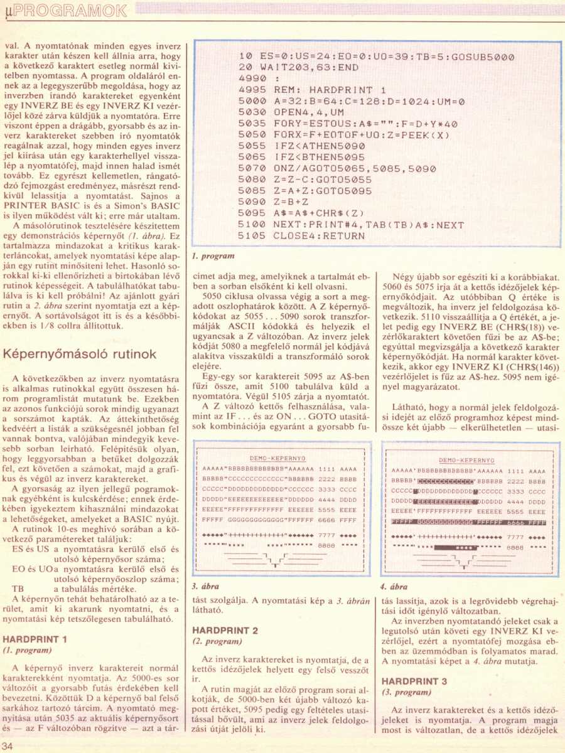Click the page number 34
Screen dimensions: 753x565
8,745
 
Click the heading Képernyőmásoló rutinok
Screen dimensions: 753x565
80,355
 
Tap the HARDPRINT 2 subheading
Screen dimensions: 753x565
225,629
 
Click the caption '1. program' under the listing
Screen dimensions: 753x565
213,255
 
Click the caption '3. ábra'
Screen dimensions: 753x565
205,587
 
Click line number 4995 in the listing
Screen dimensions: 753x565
253,90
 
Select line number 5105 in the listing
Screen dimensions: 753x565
253,236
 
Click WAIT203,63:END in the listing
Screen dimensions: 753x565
311,67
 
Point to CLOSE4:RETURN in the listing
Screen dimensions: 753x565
319,236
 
